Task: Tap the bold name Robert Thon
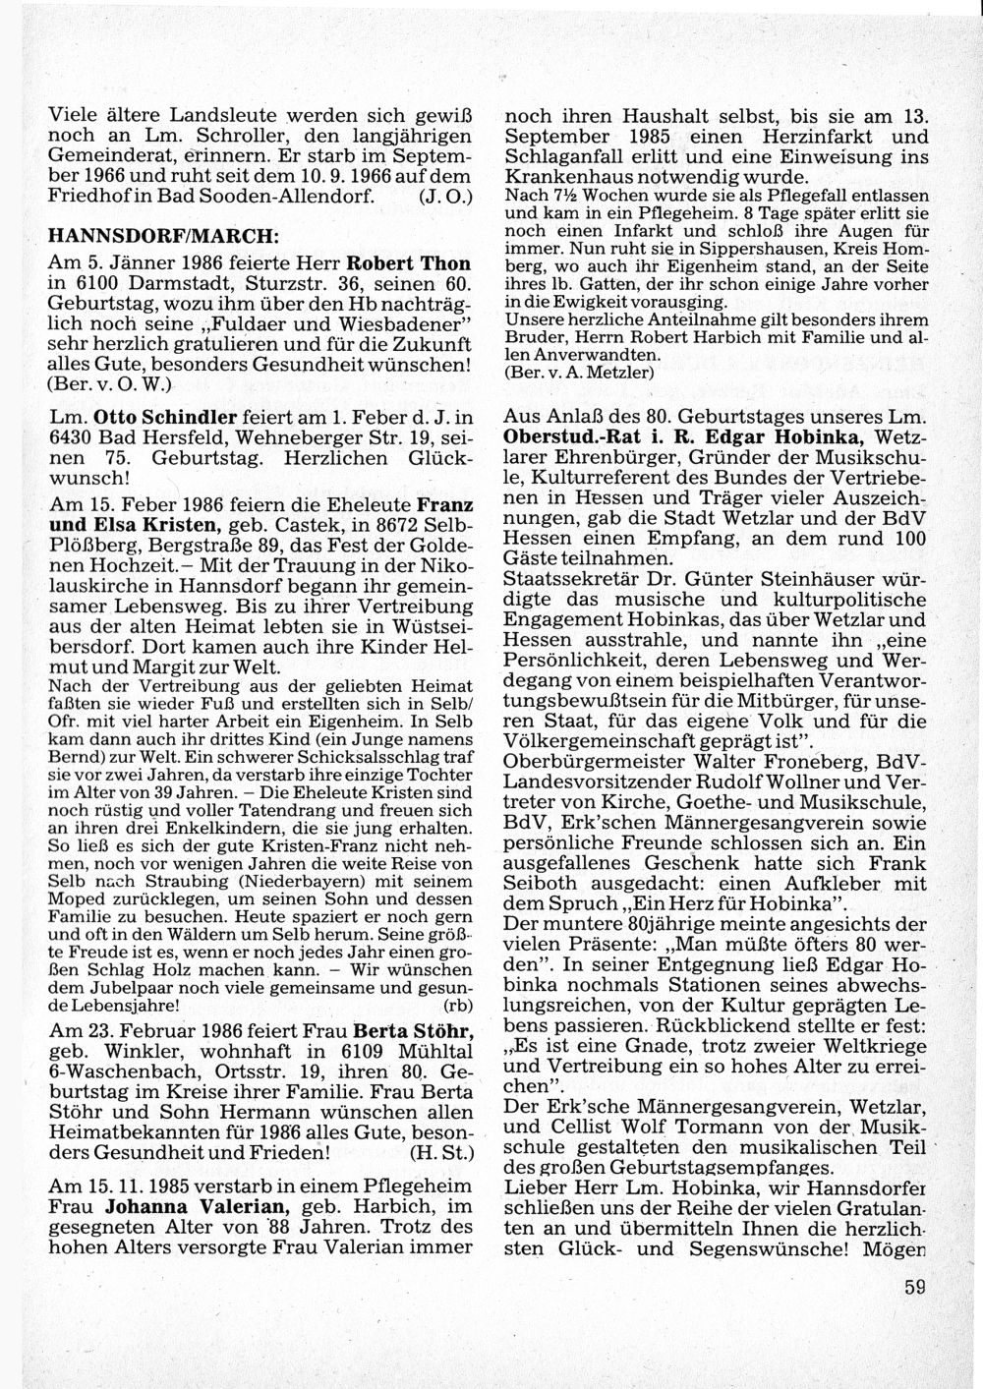[x=410, y=264]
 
